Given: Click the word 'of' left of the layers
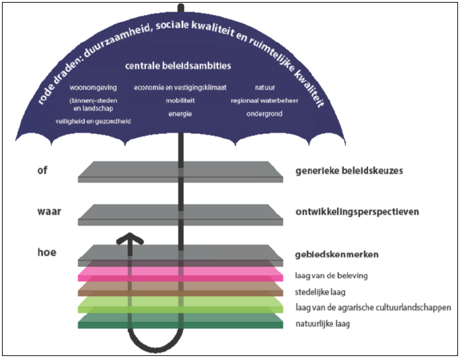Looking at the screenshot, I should [43, 170].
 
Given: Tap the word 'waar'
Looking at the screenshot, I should [50, 211].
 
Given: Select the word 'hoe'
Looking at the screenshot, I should [46, 252].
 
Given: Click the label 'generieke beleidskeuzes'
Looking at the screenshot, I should [349, 170].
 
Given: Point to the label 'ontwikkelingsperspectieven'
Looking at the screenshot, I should [358, 212].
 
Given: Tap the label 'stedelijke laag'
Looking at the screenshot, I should [322, 291].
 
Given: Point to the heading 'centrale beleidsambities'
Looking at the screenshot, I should [178, 66].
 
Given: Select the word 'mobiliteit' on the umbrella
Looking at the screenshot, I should [180, 101].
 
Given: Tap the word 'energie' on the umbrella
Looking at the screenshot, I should [180, 114].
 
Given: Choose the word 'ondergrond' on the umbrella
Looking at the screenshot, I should [264, 114].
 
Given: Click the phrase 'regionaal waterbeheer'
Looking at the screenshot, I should [264, 101].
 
